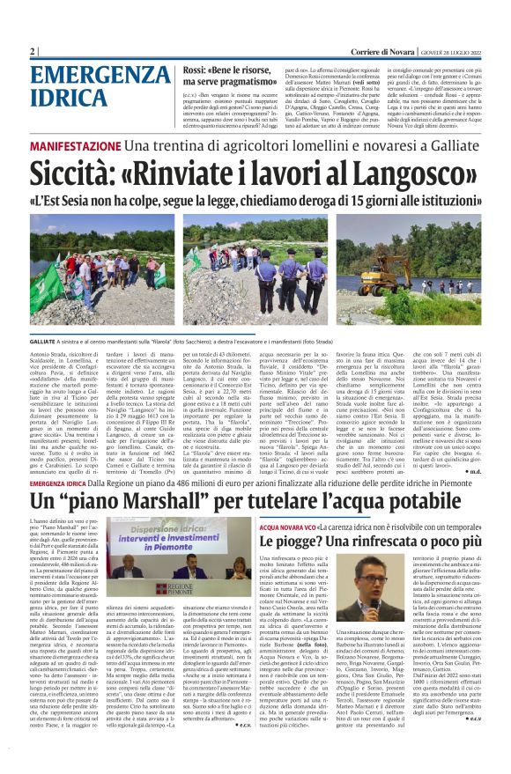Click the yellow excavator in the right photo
431,255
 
